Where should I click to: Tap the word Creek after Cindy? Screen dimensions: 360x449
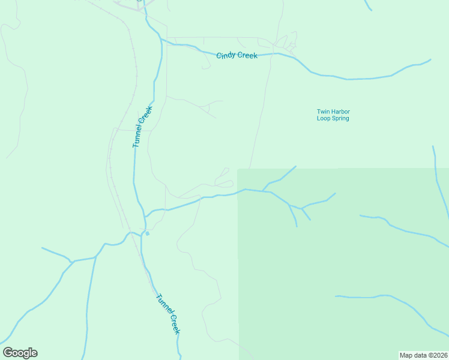(247, 56)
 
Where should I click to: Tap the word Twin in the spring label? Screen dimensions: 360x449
(324, 112)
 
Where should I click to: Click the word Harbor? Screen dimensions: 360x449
(340, 112)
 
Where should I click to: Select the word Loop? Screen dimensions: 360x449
(324, 118)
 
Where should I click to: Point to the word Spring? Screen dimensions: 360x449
(340, 119)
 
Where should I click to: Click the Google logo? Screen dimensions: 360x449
(20, 353)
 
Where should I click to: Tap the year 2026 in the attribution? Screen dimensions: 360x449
(439, 355)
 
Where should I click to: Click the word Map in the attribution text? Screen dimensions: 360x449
(406, 355)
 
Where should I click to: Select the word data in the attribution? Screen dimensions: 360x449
(420, 355)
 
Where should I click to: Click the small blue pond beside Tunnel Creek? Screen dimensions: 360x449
(147, 233)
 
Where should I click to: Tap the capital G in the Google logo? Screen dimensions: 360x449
(8, 353)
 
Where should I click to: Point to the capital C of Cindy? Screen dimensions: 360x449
(218, 55)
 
